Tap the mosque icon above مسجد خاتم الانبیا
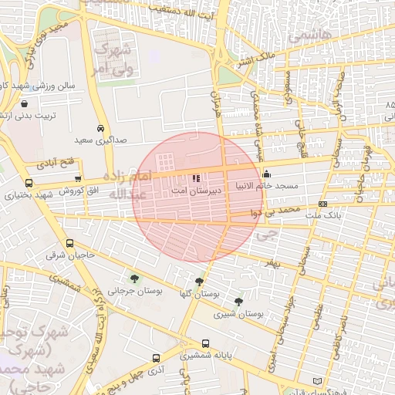coord(267,174)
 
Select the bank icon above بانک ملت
coord(322,204)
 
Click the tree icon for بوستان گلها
coord(200,282)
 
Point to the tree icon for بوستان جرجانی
coord(135,279)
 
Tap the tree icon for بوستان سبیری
coord(238,302)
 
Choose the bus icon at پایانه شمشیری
coord(205,344)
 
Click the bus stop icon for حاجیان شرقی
coord(70,242)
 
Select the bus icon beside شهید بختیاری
coord(29,184)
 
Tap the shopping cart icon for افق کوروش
coord(77,178)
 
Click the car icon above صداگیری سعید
coord(100,128)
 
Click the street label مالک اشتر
coord(255,57)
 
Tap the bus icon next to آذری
coord(157,359)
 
